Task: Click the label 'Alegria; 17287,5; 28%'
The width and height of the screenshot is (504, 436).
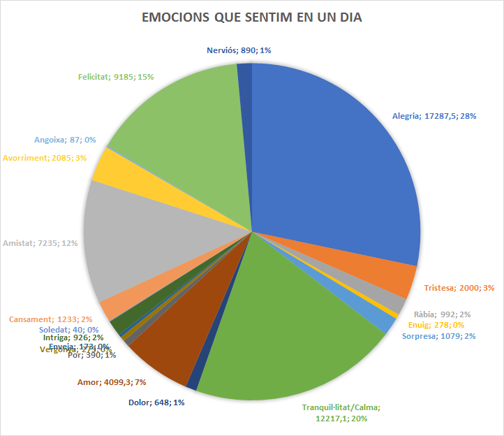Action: pyautogui.click(x=433, y=116)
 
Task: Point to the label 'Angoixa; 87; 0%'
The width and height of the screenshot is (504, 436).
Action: pyautogui.click(x=65, y=140)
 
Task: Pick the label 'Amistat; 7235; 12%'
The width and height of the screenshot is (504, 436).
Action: pyautogui.click(x=40, y=243)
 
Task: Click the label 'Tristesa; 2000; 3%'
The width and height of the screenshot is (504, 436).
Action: pyautogui.click(x=459, y=288)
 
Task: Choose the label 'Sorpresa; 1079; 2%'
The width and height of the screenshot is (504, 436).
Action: pyautogui.click(x=439, y=337)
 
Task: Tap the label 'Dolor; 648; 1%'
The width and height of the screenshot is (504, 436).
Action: pyautogui.click(x=156, y=402)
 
